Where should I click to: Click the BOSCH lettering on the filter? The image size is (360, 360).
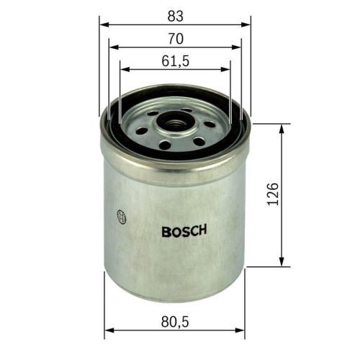click(184, 232)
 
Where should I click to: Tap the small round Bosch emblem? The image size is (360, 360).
click(120, 215)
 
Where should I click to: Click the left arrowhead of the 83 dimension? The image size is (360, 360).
click(103, 24)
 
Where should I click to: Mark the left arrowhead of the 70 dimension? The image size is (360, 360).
click(114, 47)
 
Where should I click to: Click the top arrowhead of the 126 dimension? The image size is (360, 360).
click(282, 127)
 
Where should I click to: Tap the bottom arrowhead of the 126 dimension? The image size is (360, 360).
click(282, 263)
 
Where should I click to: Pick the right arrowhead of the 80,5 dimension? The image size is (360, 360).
click(242, 333)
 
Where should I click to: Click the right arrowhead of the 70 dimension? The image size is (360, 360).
click(237, 47)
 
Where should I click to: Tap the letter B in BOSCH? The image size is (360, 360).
click(166, 232)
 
